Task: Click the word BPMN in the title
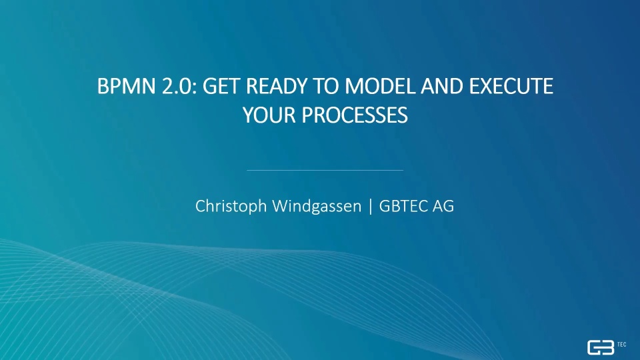pos(127,86)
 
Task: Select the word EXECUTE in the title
pos(511,86)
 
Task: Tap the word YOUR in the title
pos(269,115)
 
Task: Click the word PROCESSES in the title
pos(355,115)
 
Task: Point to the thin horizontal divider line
pos(325,170)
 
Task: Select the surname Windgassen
pos(317,207)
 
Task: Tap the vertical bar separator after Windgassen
pos(371,207)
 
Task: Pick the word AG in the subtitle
pos(443,206)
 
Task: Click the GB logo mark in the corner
pos(601,347)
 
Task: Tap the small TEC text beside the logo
pos(621,345)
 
